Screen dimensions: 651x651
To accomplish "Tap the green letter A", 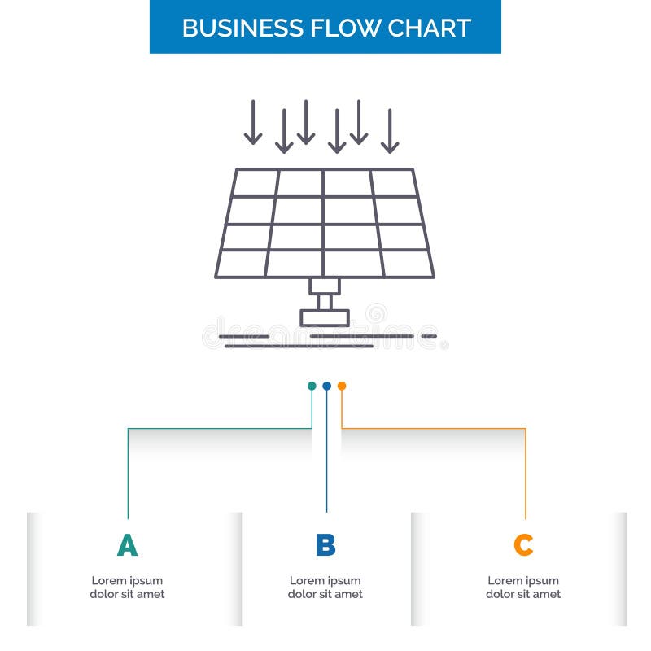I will pos(127,545).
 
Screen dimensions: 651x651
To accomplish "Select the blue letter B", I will pos(325,545).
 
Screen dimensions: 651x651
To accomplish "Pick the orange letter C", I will pos(523,545).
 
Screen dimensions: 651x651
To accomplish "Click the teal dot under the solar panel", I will pos(312,386).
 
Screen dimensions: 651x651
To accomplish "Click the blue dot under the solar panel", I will pos(326,386).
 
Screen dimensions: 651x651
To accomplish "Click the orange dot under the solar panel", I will pos(342,386).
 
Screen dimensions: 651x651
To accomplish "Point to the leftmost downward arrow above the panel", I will pos(253,123).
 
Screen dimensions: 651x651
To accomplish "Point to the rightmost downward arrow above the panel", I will pos(390,131).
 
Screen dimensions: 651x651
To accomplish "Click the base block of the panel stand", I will pos(325,317).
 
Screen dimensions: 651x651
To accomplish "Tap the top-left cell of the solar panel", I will pos(256,183).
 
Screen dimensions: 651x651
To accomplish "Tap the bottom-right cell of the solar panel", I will pos(407,263).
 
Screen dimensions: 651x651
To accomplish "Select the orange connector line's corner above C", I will pos(525,428).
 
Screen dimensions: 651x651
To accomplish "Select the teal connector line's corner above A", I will pos(128,428).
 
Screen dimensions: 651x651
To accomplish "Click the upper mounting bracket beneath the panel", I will pos(325,286).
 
